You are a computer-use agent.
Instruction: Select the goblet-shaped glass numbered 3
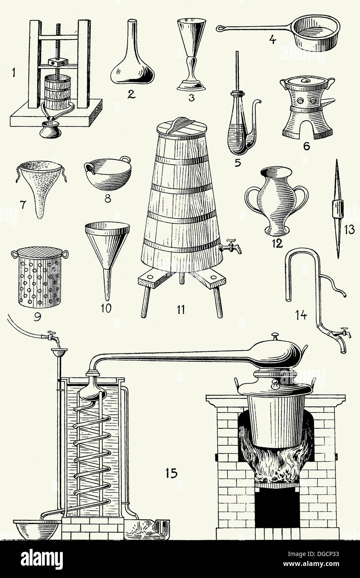coord(191,54)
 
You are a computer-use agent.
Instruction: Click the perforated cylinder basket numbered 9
coord(40,277)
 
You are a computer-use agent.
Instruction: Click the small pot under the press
coord(50,131)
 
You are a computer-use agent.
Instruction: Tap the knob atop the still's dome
coord(275,335)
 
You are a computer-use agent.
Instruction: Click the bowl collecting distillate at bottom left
coord(37,529)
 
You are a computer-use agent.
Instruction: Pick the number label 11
coord(181,310)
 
